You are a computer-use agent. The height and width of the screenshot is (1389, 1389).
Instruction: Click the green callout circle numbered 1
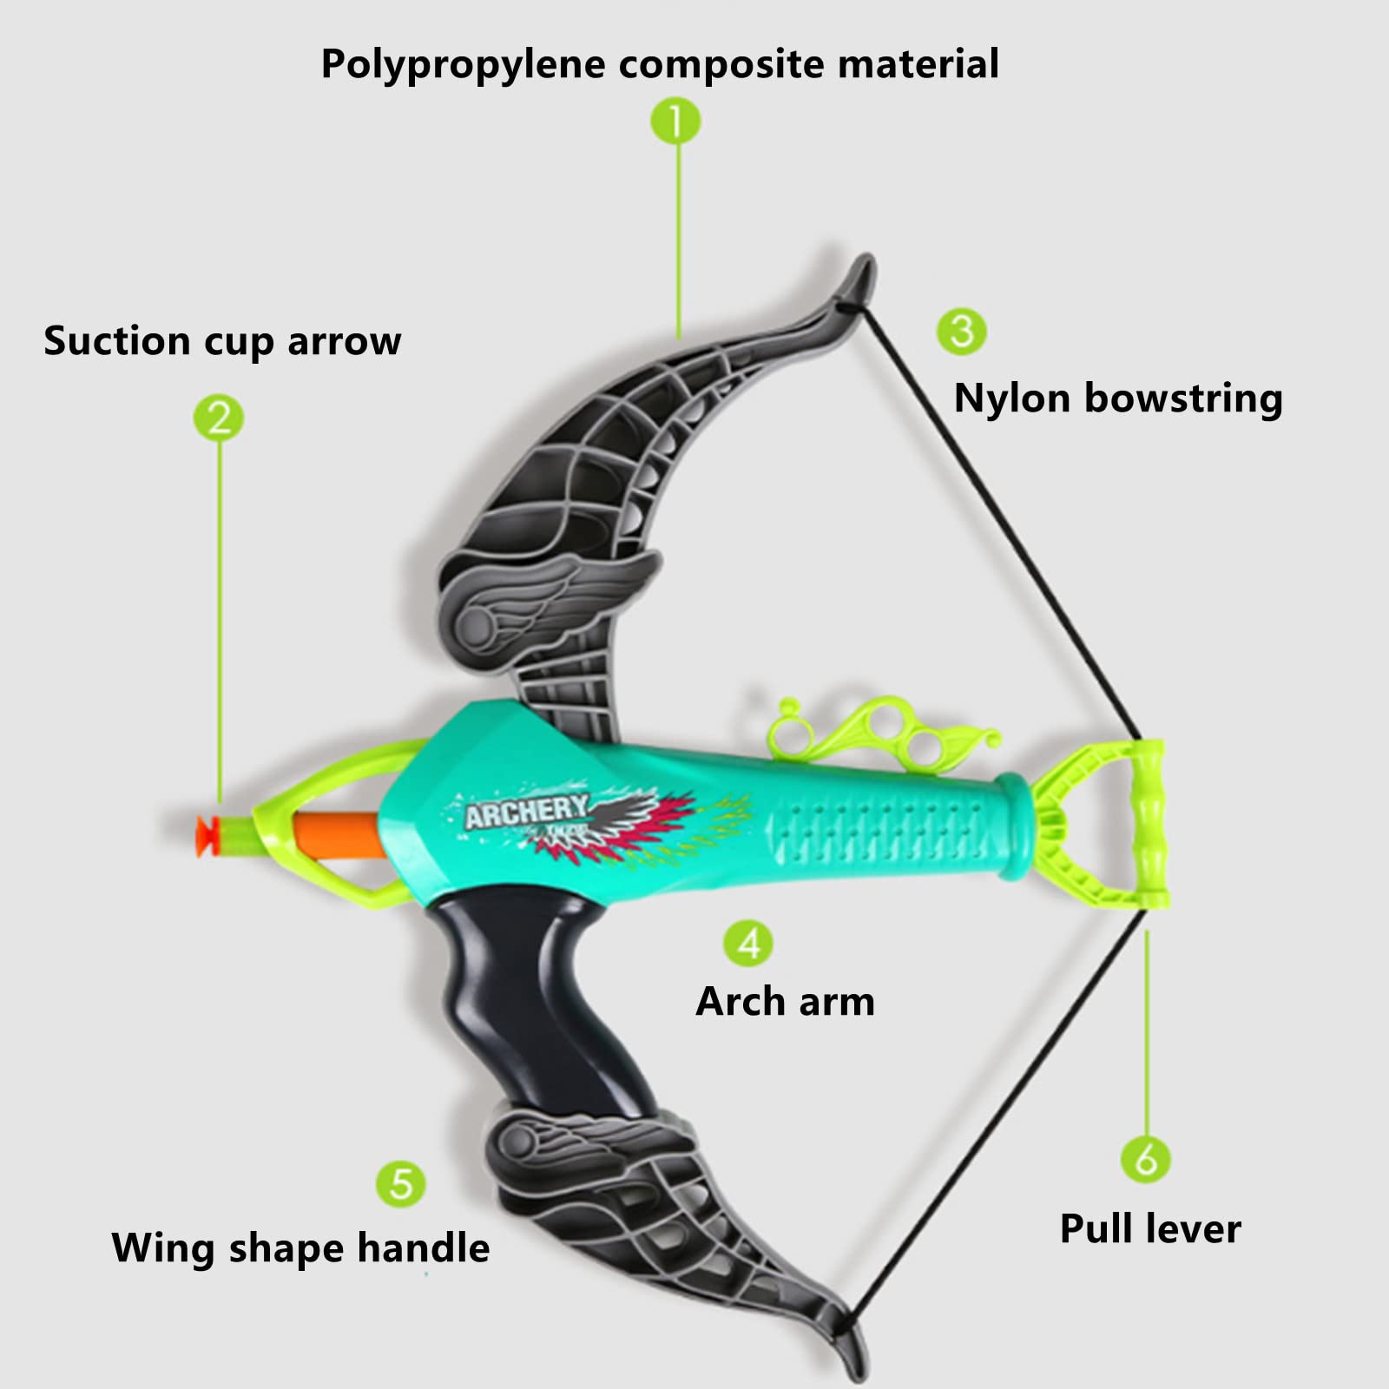[x=675, y=121]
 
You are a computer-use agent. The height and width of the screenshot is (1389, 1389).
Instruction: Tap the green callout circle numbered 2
[x=219, y=418]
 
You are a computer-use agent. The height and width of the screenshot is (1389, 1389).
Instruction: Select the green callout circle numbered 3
[x=962, y=331]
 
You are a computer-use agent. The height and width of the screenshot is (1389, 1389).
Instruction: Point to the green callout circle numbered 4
[x=748, y=943]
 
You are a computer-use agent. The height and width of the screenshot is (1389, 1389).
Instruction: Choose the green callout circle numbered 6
[x=1146, y=1159]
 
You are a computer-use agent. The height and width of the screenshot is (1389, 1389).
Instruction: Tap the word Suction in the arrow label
[x=116, y=340]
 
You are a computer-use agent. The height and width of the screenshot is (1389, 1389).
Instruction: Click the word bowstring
[x=1183, y=399]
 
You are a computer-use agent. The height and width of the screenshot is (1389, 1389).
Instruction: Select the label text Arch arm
[x=786, y=1001]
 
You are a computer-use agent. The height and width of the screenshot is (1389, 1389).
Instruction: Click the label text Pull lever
[x=1150, y=1228]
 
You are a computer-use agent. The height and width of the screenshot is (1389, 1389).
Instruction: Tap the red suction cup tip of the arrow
[x=207, y=836]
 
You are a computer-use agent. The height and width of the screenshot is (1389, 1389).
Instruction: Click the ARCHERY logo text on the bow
[x=526, y=812]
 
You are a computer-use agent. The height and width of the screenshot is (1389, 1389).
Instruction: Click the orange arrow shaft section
[x=339, y=835]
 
